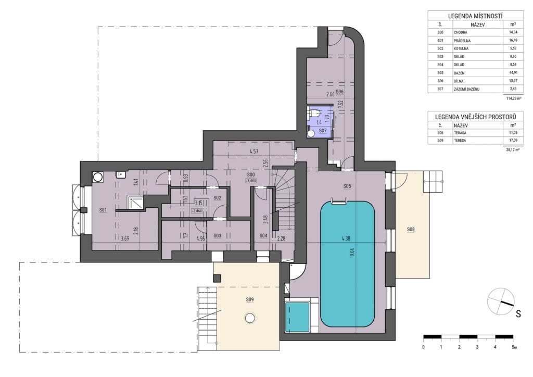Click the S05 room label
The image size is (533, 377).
click(x=347, y=186)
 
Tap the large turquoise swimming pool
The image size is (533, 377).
click(x=347, y=264)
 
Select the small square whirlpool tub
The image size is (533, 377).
click(x=297, y=317)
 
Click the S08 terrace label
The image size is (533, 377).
click(x=411, y=230)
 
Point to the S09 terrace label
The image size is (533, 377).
click(x=250, y=299)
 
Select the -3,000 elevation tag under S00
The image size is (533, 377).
click(x=250, y=181)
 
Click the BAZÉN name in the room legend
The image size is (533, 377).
click(x=459, y=73)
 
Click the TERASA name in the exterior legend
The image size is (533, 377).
click(x=460, y=133)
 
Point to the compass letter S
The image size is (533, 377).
click(x=518, y=314)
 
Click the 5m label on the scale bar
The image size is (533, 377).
click(x=514, y=347)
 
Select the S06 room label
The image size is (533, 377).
click(x=339, y=92)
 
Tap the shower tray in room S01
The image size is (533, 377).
click(x=135, y=203)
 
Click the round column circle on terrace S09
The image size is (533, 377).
click(x=250, y=318)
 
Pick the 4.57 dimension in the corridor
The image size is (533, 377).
click(x=253, y=152)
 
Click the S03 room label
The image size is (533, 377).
click(x=217, y=235)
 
